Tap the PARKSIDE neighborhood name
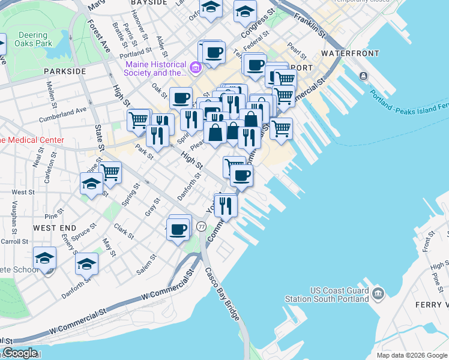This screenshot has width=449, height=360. pos(65,71)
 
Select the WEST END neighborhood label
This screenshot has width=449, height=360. pos(55,228)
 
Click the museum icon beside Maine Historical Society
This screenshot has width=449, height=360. pos(196,68)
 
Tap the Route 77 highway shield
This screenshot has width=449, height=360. pos(201,227)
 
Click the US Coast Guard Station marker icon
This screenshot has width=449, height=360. pos(378,293)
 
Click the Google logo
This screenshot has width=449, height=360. pos(20,353)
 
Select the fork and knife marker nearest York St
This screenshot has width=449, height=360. pos(226,205)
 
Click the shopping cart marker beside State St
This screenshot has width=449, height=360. pos(110,173)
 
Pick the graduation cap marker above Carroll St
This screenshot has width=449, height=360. pos(44,258)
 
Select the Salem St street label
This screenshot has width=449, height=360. pos(146,264)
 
